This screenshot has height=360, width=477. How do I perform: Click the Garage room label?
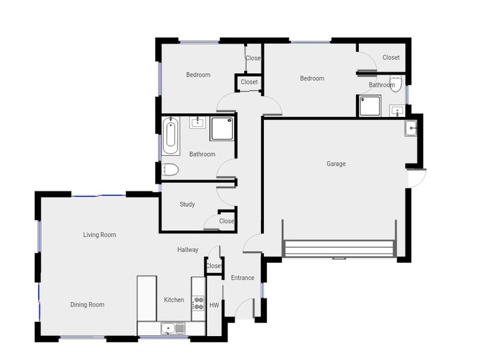336,164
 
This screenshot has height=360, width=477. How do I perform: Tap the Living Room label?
100,235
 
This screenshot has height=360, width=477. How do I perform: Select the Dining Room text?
88,305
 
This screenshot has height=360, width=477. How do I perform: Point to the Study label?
187,204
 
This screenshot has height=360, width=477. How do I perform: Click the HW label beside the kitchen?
214,305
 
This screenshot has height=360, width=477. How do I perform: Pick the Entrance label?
242,278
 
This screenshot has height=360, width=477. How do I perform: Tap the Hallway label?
188,250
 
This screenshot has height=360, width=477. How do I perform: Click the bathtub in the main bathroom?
170,136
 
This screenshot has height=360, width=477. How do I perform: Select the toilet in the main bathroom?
169,170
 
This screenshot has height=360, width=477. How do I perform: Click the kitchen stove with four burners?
198,304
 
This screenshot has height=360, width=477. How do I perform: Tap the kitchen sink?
172,329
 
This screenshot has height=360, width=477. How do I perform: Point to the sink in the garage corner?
410,128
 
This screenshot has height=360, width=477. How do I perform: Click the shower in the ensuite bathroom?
370,106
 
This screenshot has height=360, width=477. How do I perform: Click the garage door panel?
339,248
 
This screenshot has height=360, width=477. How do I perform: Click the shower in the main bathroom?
222,129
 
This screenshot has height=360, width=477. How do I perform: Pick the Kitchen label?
174,300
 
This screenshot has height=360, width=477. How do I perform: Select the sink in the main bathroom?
197,122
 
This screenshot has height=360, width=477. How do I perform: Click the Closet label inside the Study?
227,221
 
